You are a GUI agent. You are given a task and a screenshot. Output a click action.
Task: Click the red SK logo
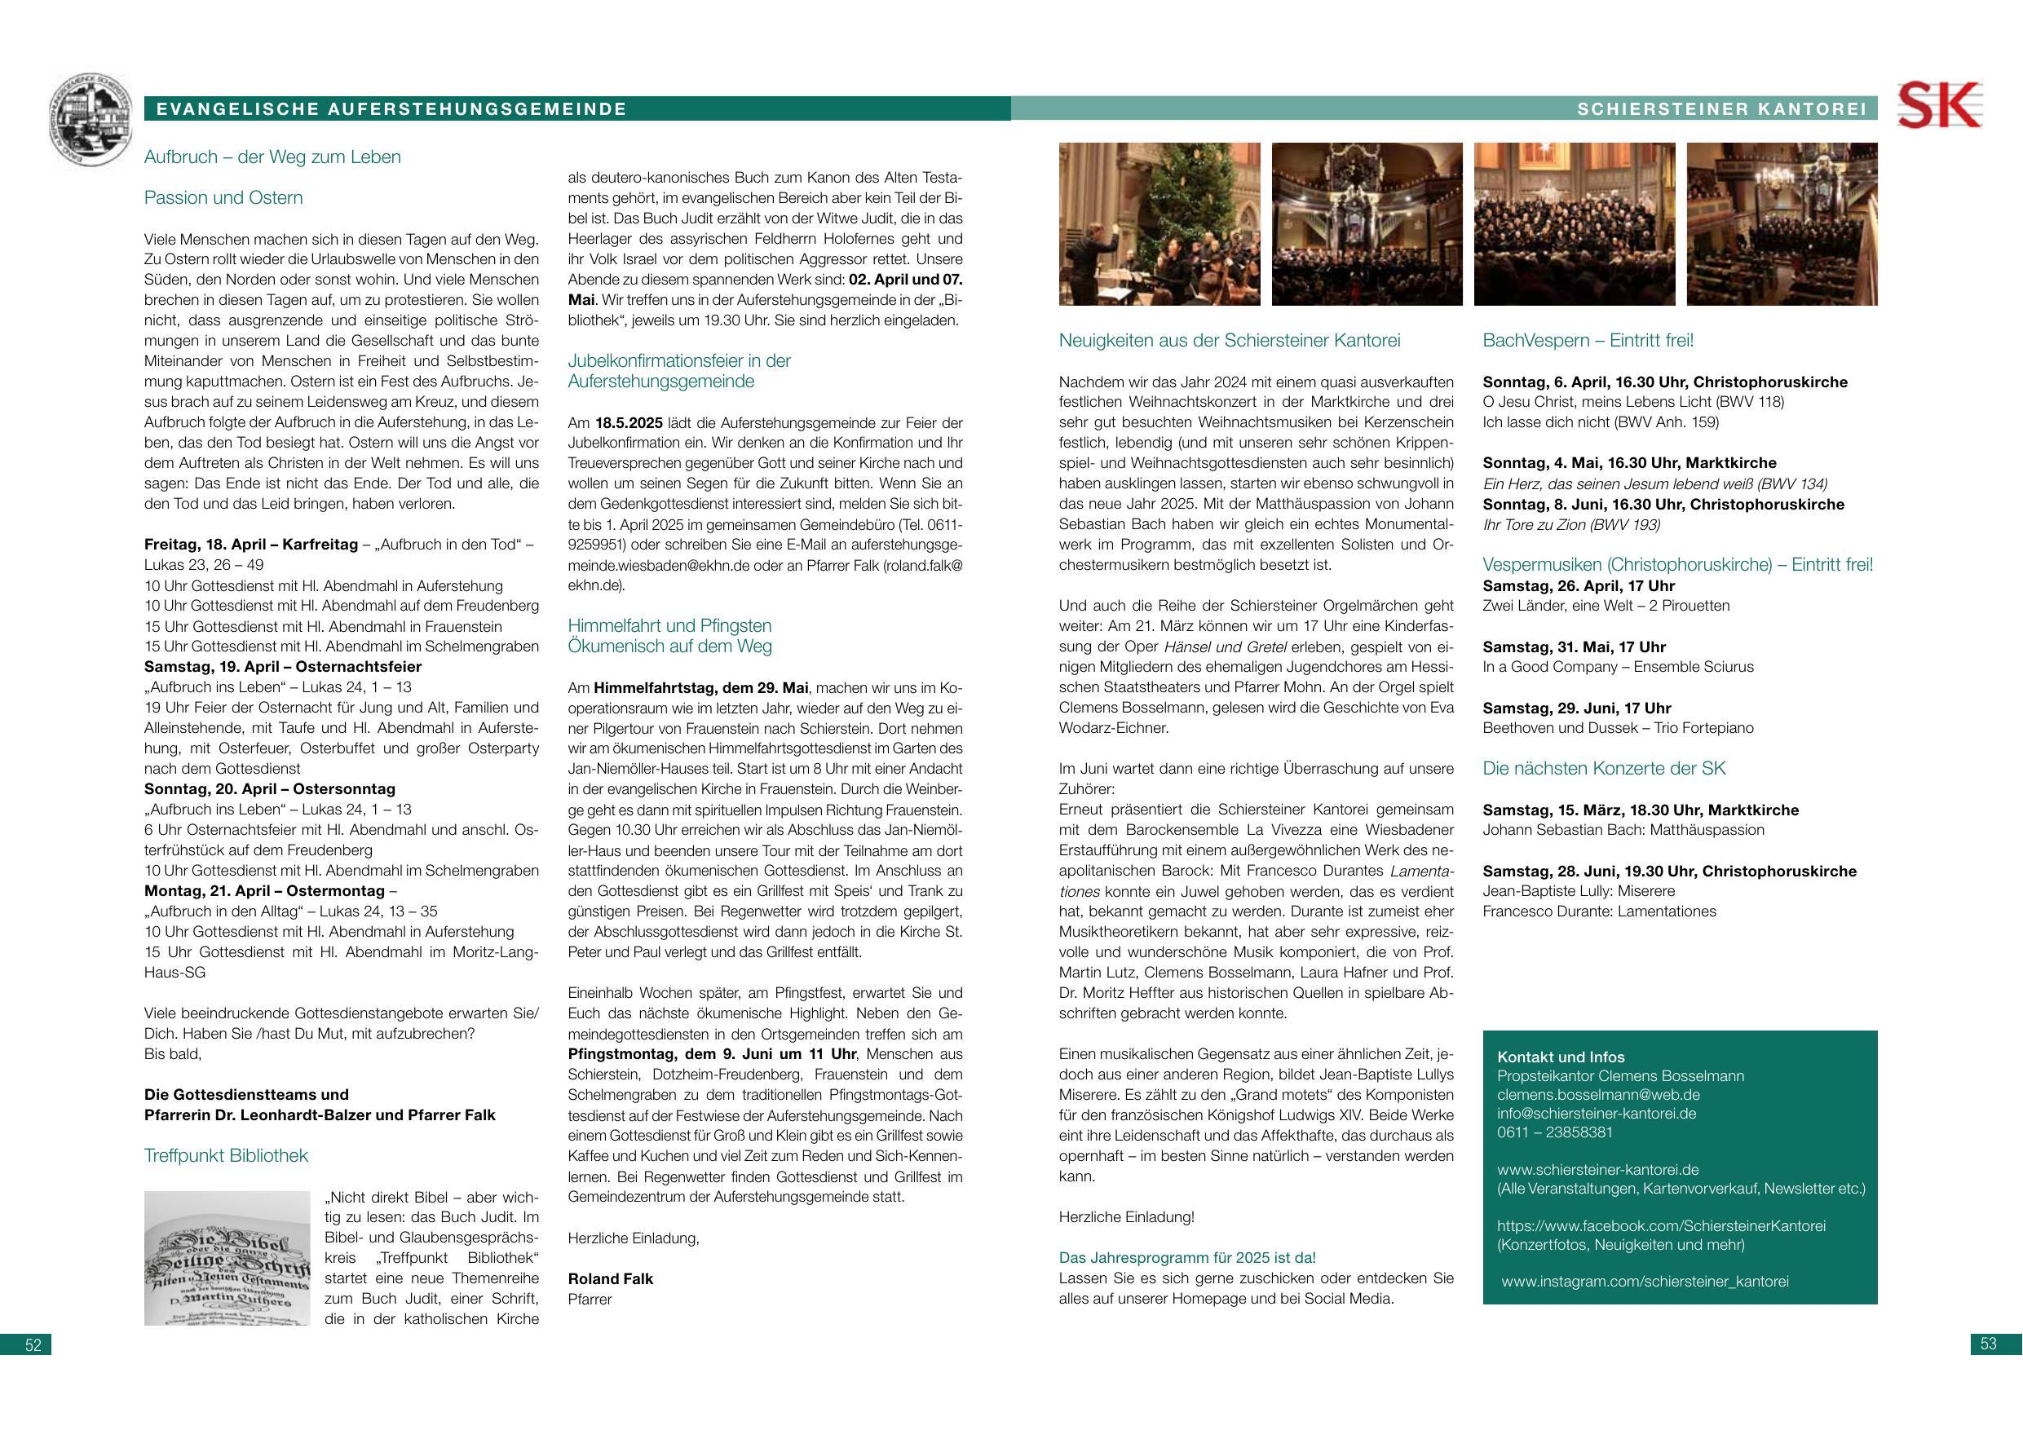pos(1938,106)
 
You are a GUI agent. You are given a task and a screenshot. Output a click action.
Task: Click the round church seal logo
pos(94,120)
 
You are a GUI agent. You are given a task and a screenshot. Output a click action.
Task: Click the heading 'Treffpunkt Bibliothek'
pos(226,1155)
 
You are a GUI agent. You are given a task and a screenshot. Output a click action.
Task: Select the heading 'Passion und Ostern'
pos(223,197)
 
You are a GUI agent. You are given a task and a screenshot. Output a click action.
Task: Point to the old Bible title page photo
pos(227,1258)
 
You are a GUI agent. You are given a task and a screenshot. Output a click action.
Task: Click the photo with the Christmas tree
pos(1159,224)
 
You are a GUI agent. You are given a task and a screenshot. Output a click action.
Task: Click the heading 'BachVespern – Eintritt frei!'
pos(1588,340)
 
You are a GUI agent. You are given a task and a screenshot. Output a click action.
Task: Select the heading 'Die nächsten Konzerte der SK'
pos(1604,768)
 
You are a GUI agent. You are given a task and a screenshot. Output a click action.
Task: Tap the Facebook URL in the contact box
pos(1661,1225)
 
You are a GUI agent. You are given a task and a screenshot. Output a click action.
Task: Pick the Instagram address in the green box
pos(1645,1281)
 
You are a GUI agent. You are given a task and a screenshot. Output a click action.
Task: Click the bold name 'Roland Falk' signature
pos(611,1278)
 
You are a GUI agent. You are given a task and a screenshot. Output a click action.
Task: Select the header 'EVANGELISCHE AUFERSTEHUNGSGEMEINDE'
pos(391,109)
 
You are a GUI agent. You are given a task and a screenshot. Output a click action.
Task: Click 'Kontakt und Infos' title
pos(1561,1057)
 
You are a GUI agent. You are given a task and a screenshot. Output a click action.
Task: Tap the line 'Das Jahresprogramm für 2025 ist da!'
pos(1187,1257)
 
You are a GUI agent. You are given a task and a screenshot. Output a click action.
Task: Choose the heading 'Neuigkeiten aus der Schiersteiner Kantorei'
pos(1229,340)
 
